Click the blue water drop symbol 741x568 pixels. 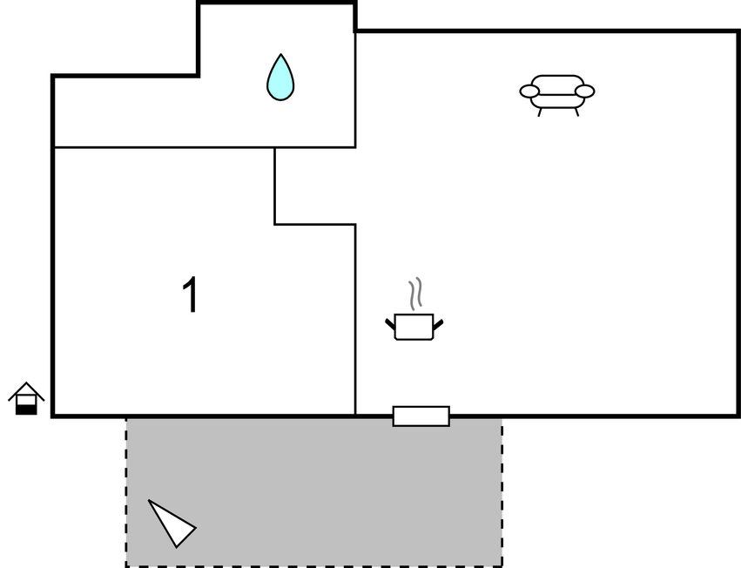click(x=280, y=80)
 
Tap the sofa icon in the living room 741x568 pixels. click(x=557, y=92)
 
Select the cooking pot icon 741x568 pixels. click(x=414, y=325)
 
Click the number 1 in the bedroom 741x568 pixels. click(x=190, y=295)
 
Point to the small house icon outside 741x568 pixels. click(x=26, y=398)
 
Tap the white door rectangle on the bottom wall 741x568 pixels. click(x=421, y=416)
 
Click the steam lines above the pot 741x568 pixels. click(x=416, y=294)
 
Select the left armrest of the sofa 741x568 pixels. click(x=529, y=91)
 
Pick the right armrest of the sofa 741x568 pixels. click(x=585, y=91)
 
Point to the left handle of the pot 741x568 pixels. click(x=390, y=324)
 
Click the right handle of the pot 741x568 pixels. click(x=438, y=324)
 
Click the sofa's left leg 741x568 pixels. click(x=540, y=112)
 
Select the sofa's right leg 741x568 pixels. click(x=576, y=112)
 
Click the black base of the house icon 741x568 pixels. click(x=27, y=409)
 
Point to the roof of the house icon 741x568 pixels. click(x=26, y=389)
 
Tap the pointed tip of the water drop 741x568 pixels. click(x=280, y=57)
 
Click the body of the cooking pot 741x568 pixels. click(x=414, y=328)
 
